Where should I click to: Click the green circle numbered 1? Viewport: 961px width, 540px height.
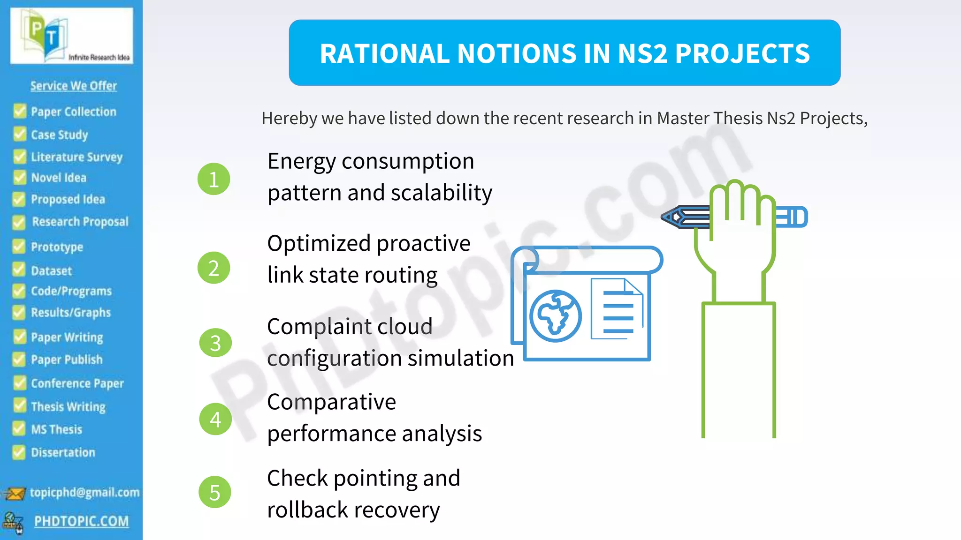click(214, 179)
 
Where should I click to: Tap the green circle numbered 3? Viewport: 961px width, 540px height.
click(215, 343)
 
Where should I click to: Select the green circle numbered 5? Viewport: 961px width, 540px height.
click(215, 492)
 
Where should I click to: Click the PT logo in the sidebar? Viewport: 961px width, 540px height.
click(47, 35)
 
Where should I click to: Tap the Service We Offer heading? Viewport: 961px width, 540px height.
click(74, 86)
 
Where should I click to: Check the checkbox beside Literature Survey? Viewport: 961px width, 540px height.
click(20, 156)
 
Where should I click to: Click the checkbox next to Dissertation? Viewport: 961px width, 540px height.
click(19, 452)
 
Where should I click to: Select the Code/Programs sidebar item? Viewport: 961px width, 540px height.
click(71, 291)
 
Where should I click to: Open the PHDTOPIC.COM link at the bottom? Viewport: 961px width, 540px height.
click(81, 521)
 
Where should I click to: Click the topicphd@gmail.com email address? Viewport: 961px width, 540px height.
click(84, 492)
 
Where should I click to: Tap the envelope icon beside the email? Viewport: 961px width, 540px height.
click(15, 494)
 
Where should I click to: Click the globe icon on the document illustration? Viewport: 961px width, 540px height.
click(556, 315)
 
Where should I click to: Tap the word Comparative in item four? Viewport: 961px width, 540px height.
click(331, 402)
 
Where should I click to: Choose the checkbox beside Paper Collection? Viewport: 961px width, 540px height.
click(20, 111)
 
